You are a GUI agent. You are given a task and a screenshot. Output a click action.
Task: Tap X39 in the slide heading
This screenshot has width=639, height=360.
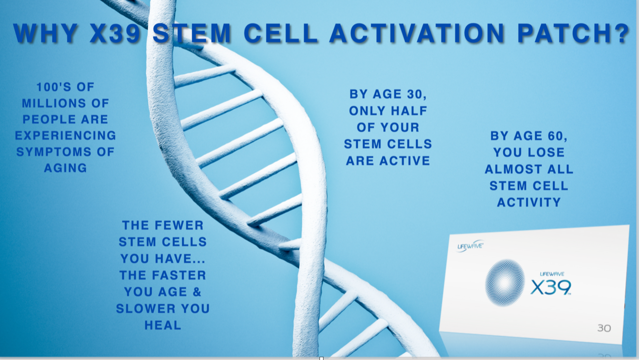(x=115, y=33)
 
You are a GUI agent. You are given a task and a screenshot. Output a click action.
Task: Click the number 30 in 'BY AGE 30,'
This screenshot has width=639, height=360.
(x=417, y=94)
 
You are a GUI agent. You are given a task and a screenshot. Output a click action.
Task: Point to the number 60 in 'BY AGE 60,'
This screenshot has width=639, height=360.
(x=558, y=136)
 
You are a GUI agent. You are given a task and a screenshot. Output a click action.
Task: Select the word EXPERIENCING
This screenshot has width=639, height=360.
(x=65, y=135)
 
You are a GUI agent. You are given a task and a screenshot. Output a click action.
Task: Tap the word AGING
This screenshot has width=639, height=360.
(x=65, y=168)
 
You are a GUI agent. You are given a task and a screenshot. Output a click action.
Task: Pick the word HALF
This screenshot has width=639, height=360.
(x=409, y=111)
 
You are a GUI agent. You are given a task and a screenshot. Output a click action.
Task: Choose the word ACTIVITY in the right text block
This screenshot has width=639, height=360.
(x=529, y=203)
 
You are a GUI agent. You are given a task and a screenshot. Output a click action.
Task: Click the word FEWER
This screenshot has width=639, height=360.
(x=179, y=225)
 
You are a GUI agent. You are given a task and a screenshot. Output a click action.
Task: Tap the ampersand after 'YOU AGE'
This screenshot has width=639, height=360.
(x=197, y=292)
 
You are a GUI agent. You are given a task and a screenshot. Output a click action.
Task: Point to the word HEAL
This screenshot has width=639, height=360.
(x=163, y=325)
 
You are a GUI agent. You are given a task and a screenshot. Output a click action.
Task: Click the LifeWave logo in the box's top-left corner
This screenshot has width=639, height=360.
(x=470, y=246)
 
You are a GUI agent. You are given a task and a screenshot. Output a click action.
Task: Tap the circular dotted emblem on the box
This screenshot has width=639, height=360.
(x=505, y=283)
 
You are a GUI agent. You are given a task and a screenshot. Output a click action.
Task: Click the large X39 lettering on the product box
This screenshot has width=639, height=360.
(x=551, y=287)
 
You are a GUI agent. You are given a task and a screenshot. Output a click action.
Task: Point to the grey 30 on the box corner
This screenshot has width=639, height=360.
(x=604, y=329)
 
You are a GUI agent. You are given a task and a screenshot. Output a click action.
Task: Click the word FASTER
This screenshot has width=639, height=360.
(x=179, y=275)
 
